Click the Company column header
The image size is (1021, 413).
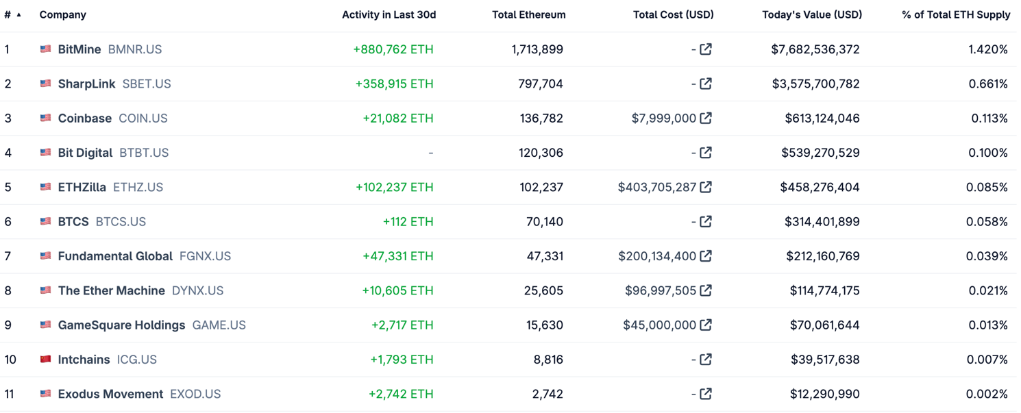coord(63,14)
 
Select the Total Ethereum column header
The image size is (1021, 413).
coord(528,14)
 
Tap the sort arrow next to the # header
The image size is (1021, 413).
coord(19,14)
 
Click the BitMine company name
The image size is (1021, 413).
coord(79,49)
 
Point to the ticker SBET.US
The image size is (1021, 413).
coord(147,84)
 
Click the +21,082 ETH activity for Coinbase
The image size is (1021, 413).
coord(397,118)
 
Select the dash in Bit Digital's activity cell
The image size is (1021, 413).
coord(430,153)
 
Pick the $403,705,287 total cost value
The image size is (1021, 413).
coord(656,187)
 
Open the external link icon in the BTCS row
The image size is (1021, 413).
coord(706,221)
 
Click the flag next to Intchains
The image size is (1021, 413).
coord(46,359)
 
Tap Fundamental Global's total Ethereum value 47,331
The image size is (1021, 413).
coord(545,256)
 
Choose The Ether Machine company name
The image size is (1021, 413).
coord(111,290)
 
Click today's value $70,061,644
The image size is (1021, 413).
coord(824,325)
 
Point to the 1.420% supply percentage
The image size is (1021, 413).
coord(987,49)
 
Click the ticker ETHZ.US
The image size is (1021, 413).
coord(138,187)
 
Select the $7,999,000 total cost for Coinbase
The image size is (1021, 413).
coord(663,118)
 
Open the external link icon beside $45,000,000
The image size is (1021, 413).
coord(706,325)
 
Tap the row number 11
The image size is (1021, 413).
coord(9,394)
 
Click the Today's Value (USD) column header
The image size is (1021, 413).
coord(812,14)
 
